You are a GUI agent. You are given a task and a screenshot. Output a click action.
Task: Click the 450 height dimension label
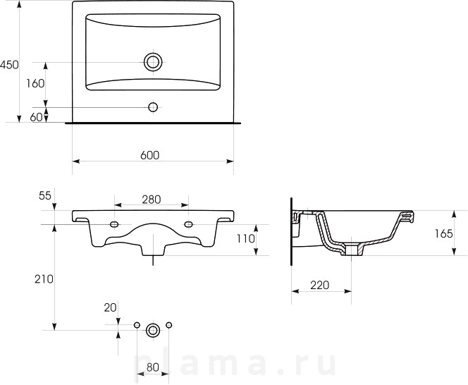point(9,64)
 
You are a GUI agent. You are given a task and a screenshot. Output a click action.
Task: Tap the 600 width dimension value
point(150,155)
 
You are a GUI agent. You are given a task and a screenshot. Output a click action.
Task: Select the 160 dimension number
point(35,84)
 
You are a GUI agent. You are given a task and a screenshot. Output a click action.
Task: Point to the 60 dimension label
point(37,117)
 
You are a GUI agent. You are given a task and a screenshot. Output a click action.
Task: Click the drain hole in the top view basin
point(153,62)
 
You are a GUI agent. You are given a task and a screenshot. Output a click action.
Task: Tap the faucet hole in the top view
point(153,107)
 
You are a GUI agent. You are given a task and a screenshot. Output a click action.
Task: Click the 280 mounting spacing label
point(152,200)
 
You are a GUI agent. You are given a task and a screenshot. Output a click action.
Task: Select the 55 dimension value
point(45,195)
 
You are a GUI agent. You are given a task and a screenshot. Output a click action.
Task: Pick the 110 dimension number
point(246,238)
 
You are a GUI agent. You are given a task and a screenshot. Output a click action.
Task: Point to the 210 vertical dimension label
point(44,279)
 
